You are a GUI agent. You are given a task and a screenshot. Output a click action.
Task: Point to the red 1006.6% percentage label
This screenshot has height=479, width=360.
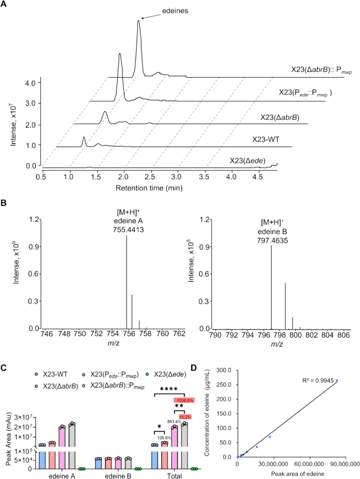(x=184, y=400)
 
